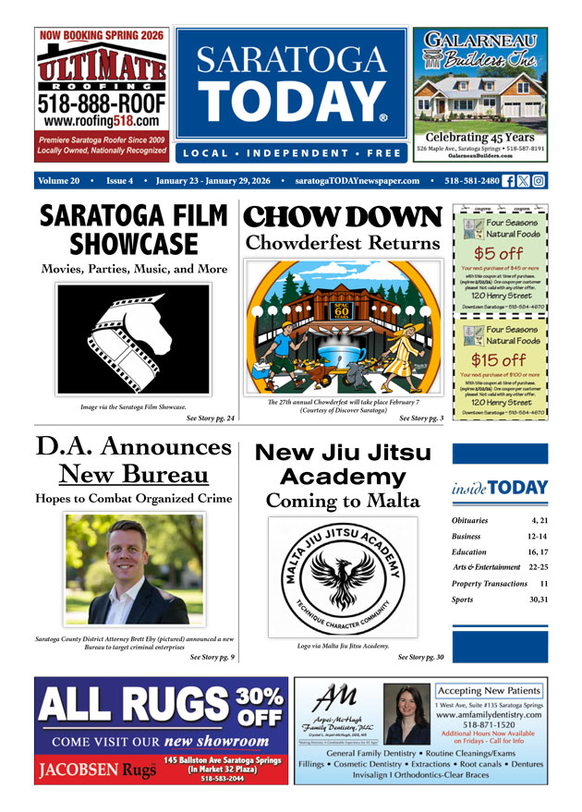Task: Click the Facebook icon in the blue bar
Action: coord(508,181)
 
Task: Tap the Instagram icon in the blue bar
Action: coord(539,181)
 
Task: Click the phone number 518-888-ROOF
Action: coord(102,102)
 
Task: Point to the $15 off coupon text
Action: coord(500,360)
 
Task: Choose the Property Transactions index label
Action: coord(490,584)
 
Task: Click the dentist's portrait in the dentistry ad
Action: coord(406,715)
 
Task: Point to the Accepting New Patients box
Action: coord(489,691)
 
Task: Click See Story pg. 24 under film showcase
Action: coord(210,418)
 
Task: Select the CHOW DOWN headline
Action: coord(342,217)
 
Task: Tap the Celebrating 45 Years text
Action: coord(479,137)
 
